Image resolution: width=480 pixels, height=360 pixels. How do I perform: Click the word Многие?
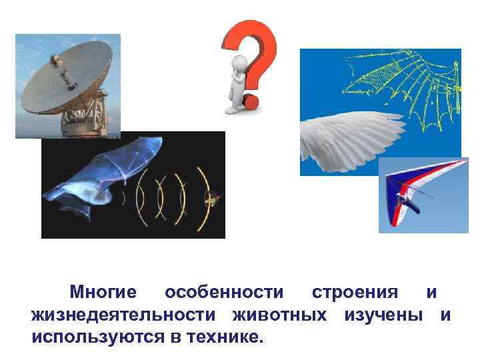(103, 293)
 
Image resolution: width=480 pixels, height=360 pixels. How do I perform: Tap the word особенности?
(224, 293)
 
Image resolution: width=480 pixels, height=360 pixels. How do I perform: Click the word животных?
(279, 314)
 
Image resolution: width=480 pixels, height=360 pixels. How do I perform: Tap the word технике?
(223, 335)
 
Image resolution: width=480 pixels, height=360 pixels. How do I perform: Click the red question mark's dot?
(251, 101)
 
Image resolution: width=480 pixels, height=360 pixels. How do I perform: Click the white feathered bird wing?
(347, 133)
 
